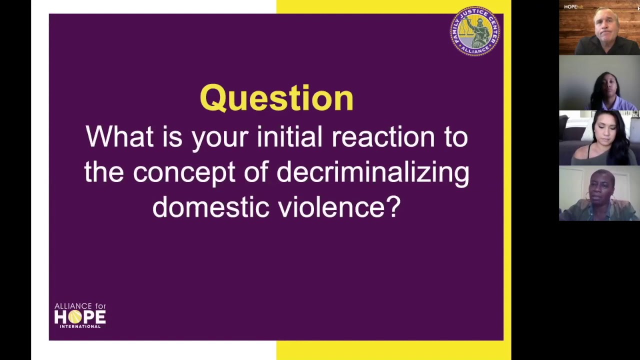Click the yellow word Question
pyautogui.click(x=276, y=97)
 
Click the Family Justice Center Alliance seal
pyautogui.click(x=475, y=31)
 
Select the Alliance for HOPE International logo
pyautogui.click(x=80, y=315)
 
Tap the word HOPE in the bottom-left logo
pyautogui.click(x=80, y=317)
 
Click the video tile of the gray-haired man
pyautogui.click(x=599, y=27)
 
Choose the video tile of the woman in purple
pyautogui.click(x=599, y=82)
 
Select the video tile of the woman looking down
pyautogui.click(x=599, y=137)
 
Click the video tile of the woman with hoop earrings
pyautogui.click(x=599, y=193)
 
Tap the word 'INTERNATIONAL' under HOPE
pyautogui.click(x=80, y=326)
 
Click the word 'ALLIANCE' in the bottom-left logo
pyautogui.click(x=73, y=306)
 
